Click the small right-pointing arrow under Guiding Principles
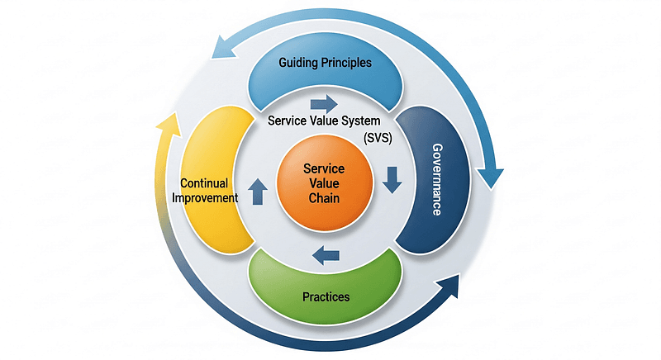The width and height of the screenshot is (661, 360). pyautogui.click(x=324, y=104)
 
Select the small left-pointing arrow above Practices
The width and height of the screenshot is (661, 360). pyautogui.click(x=326, y=257)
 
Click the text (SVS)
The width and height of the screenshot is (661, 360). pyautogui.click(x=377, y=139)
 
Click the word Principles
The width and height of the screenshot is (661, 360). pyautogui.click(x=347, y=62)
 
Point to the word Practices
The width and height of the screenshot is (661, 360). pyautogui.click(x=326, y=296)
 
